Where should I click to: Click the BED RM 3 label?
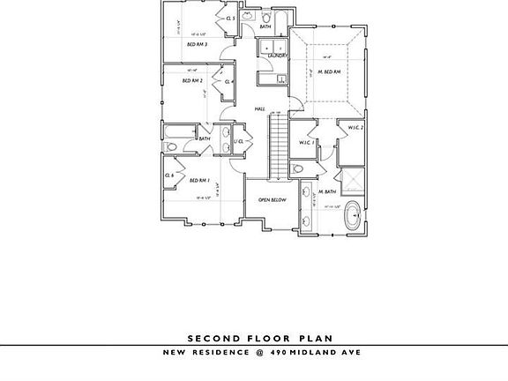pos(197,42)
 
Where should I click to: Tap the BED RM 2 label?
pos(193,81)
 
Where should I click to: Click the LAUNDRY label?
pos(278,56)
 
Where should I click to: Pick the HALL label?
pos(260,108)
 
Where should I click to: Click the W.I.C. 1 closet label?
pos(307,141)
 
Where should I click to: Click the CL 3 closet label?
pos(229,18)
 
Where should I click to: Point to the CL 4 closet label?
pos(229,82)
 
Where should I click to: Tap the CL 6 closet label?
pos(168,176)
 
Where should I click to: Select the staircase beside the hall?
pos(279,146)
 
